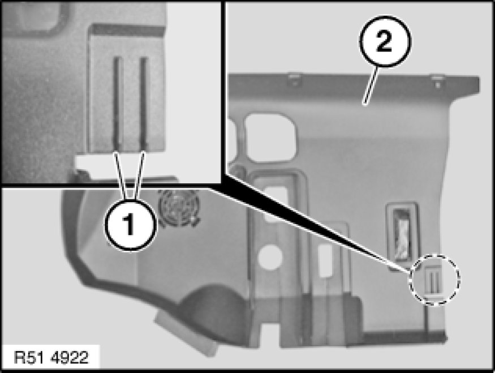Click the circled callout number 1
[131, 225]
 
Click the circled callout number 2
[385, 42]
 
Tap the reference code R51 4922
[51, 358]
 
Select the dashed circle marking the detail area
[434, 279]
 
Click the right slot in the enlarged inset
[144, 102]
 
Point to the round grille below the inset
[179, 207]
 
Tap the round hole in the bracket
[269, 257]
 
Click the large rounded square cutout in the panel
[270, 138]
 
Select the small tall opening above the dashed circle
[402, 232]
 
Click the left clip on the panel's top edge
[294, 79]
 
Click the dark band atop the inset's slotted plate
[127, 29]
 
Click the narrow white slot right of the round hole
[324, 260]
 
